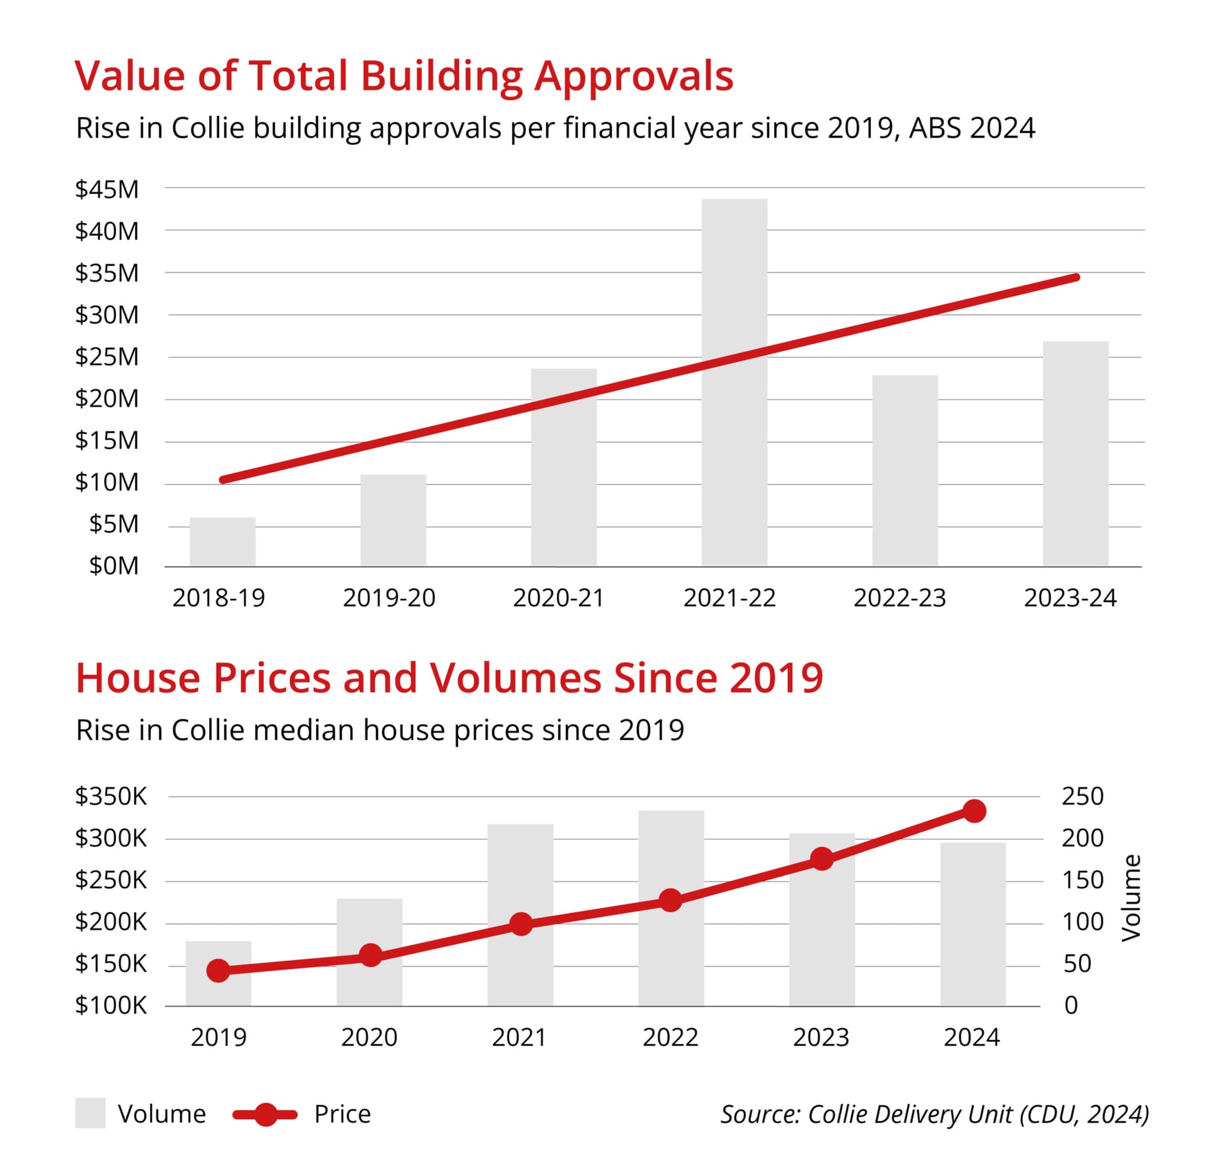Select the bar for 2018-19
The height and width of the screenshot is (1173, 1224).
point(222,542)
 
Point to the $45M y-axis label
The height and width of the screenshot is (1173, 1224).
point(106,189)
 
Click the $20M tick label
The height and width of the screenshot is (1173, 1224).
point(106,399)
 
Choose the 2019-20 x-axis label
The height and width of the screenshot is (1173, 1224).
point(389,598)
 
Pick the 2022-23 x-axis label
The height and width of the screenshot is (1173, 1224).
point(900,598)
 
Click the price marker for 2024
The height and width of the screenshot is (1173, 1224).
point(974,811)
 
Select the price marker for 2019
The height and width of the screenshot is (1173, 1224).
point(218,970)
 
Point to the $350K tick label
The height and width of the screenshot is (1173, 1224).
point(111,796)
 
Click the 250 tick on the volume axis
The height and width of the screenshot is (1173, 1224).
point(1082,796)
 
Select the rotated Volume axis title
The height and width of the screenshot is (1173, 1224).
point(1131,898)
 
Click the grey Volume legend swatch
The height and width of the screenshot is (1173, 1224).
point(90,1113)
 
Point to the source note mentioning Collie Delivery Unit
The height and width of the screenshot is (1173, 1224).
point(935,1114)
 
